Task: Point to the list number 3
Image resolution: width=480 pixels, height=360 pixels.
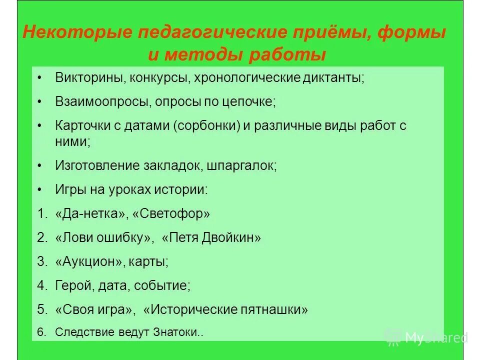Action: (x=41, y=261)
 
